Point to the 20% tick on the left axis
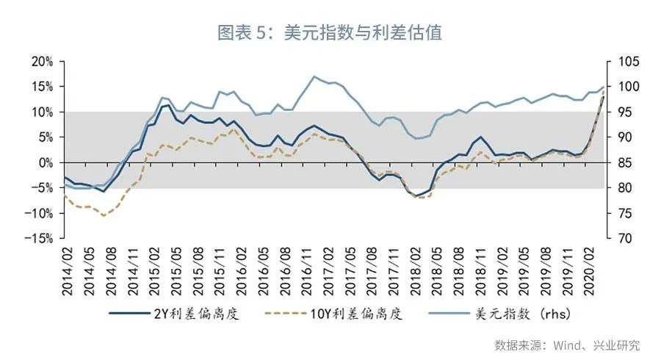click(x=43, y=61)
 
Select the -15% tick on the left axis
click(x=40, y=239)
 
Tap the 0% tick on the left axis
click(x=46, y=162)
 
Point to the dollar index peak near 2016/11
click(x=314, y=76)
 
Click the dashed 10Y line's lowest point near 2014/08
click(x=104, y=215)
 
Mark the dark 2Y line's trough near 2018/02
click(x=417, y=196)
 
